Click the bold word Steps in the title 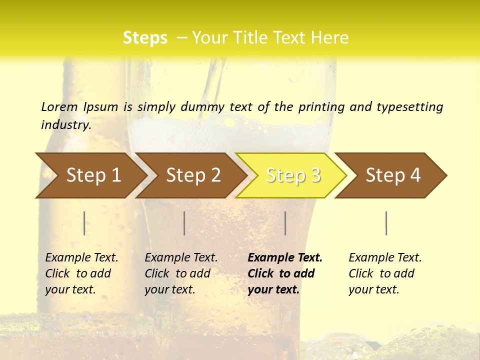tap(145, 38)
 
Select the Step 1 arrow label tap(93, 175)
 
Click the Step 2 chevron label tap(193, 175)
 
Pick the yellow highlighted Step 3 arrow tap(293, 175)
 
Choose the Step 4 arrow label tap(393, 175)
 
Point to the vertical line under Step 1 tap(84, 223)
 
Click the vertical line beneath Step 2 tap(184, 223)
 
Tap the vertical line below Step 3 tap(285, 223)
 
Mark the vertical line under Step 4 tap(386, 223)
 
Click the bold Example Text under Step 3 tap(285, 257)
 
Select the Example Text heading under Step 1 tap(81, 257)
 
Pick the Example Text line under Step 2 tap(181, 257)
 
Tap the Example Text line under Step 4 tap(385, 257)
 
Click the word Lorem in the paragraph tap(59, 106)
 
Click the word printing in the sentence tap(320, 106)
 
